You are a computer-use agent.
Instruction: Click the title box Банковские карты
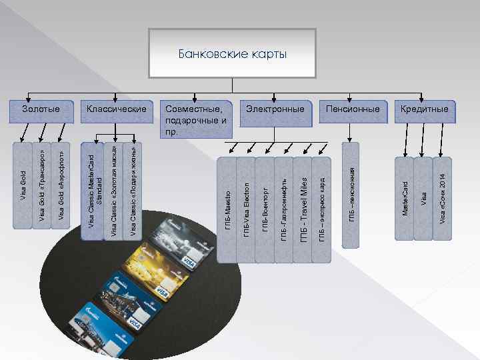[x=233, y=53]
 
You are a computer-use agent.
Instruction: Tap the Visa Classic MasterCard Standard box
[x=94, y=190]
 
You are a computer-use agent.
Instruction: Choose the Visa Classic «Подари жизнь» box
[x=133, y=190]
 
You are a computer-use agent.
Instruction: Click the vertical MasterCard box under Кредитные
[x=405, y=198]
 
